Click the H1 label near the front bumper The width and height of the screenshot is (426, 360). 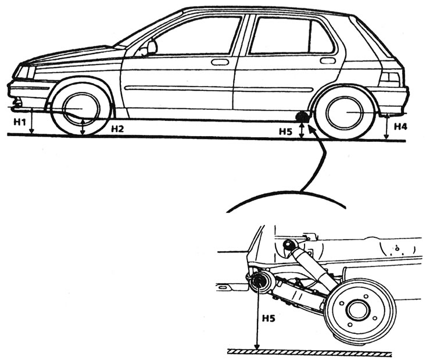[19, 122]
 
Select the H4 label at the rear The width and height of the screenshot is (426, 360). [400, 126]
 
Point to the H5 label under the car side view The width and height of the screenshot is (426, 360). [284, 132]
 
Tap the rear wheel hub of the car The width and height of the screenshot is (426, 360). [348, 112]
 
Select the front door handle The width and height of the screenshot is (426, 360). [220, 62]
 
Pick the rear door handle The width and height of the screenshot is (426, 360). [327, 60]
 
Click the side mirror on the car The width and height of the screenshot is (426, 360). [151, 46]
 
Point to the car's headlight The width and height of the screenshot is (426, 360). [24, 72]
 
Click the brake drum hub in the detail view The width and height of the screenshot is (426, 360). [356, 309]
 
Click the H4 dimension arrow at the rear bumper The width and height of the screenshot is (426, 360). [387, 127]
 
